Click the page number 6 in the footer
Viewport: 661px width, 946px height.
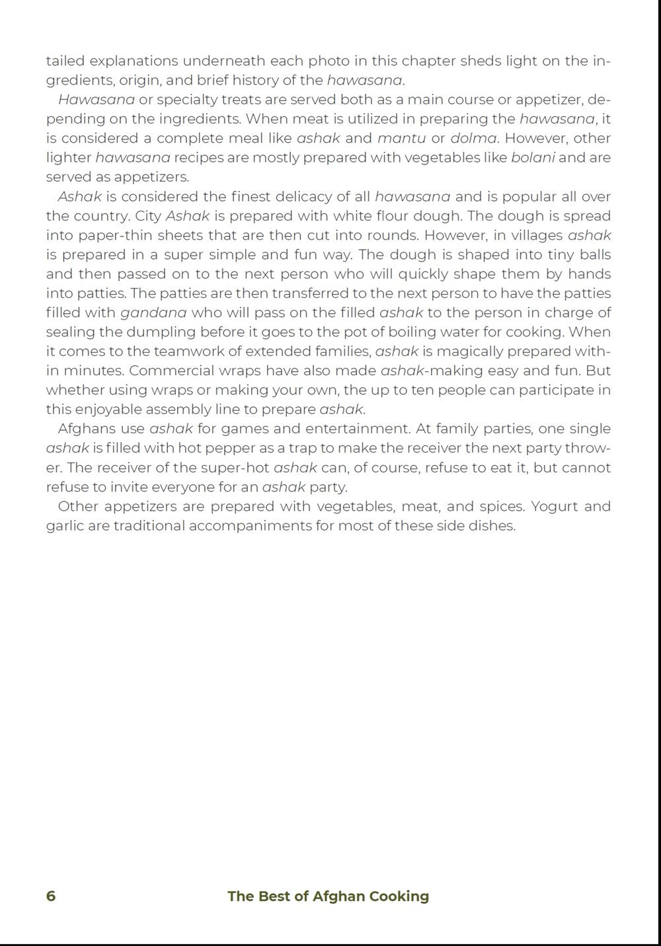(x=51, y=896)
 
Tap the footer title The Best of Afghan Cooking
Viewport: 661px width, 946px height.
(x=328, y=896)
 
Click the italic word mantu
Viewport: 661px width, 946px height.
(x=401, y=139)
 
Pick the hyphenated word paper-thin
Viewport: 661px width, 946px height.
(x=112, y=236)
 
